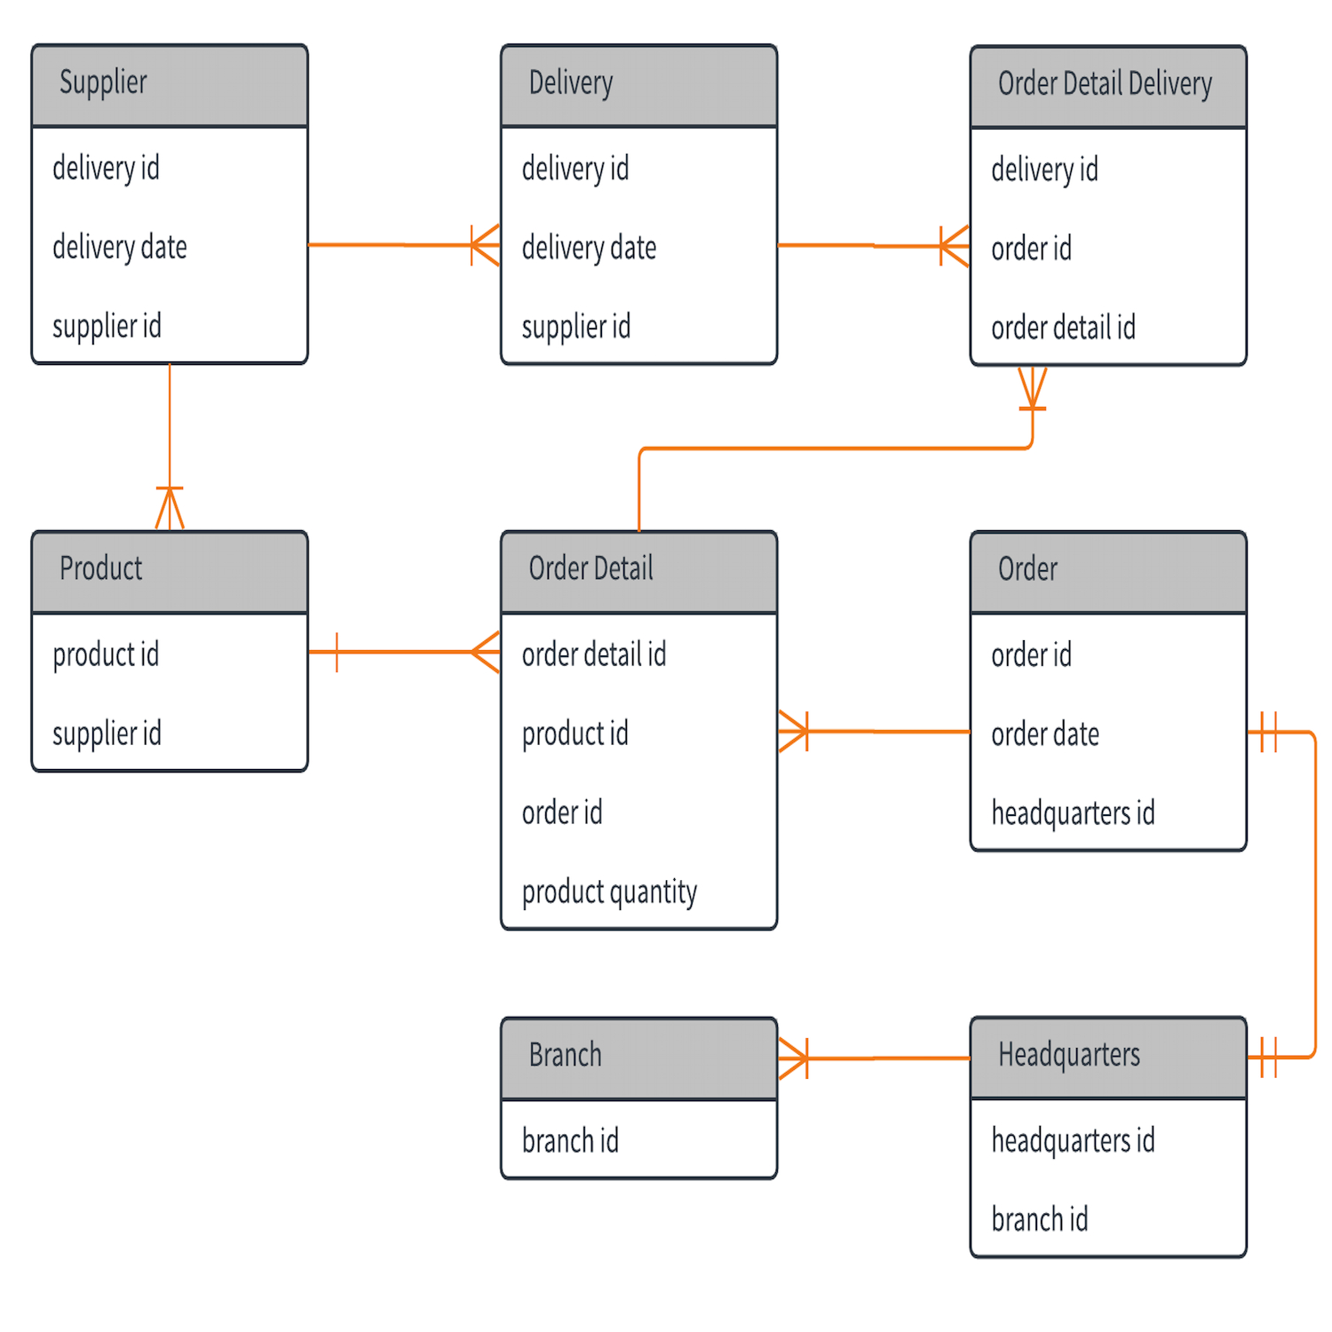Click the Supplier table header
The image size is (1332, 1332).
(169, 84)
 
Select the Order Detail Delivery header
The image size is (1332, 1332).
(1107, 85)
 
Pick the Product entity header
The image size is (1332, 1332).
(169, 570)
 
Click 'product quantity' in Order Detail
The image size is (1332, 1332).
(609, 892)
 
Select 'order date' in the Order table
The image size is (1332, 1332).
(1045, 734)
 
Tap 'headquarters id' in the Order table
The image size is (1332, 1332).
(1073, 813)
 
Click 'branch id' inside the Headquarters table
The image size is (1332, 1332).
(1039, 1220)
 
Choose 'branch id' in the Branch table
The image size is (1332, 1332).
(570, 1141)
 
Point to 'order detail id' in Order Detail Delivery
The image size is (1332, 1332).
(1063, 328)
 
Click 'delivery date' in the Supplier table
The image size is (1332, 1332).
(120, 247)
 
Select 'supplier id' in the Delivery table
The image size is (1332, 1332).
(575, 327)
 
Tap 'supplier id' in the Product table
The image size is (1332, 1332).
(107, 733)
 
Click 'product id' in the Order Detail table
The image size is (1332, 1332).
(575, 733)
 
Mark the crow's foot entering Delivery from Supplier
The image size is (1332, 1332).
(485, 245)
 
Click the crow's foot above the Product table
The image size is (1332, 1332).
(170, 508)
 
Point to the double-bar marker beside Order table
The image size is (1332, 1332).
(1268, 732)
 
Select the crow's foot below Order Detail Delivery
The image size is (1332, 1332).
(1032, 389)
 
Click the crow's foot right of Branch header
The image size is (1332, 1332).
(794, 1058)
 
